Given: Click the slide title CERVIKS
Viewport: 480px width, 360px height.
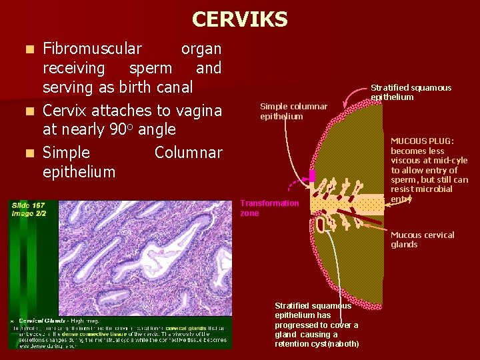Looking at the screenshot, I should [x=239, y=19].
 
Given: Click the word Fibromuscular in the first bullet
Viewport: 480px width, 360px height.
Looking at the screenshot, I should [x=92, y=49].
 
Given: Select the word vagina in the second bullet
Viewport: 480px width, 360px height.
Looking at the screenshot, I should [x=199, y=110].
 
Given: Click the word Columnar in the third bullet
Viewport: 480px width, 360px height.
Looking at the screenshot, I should [x=188, y=153].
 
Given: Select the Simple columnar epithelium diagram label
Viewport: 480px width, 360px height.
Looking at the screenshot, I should [x=293, y=111].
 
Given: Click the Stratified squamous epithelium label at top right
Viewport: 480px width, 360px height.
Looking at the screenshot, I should [x=411, y=92].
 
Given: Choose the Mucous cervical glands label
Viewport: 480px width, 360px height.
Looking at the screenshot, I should [x=422, y=239].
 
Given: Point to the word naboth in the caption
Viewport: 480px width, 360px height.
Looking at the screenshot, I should [x=346, y=344].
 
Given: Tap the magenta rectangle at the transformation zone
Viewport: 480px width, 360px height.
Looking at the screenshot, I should [x=311, y=176].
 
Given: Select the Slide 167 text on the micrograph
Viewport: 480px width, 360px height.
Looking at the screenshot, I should [x=29, y=205].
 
